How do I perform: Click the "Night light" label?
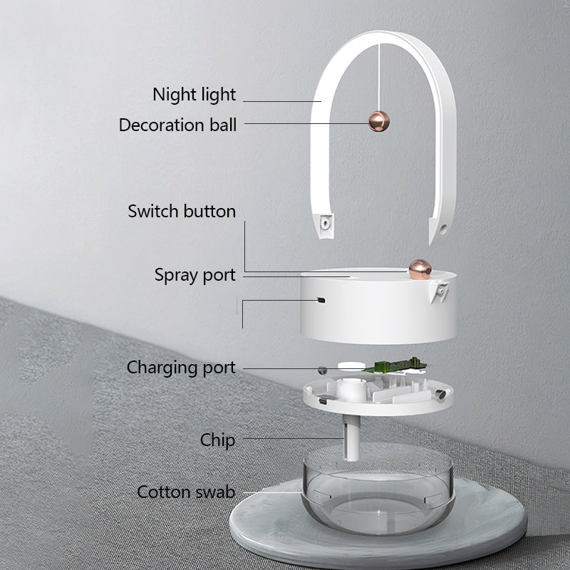tap(194, 94)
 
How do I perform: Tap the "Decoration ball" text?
tap(177, 125)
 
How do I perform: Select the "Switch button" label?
tap(182, 212)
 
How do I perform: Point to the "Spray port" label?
tap(195, 275)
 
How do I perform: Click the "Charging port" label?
tap(181, 368)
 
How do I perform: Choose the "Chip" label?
tap(217, 440)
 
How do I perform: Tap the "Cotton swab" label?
tap(186, 492)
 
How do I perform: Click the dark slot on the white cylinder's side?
tap(321, 300)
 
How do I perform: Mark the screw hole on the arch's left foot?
tap(325, 223)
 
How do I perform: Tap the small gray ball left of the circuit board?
tap(323, 370)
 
